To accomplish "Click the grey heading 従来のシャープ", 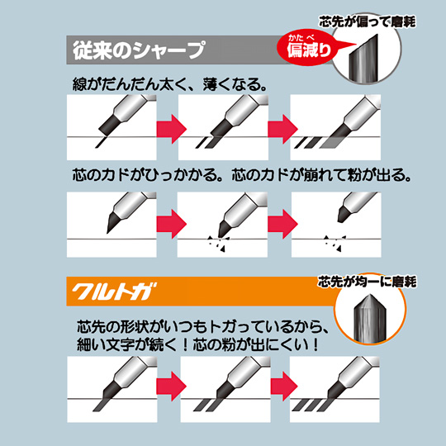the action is [x=139, y=50].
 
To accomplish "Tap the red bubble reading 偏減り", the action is [x=309, y=48].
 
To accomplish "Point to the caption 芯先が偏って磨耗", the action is [x=368, y=21].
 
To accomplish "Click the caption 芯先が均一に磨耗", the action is [x=368, y=282].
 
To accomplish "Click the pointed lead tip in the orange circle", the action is [x=369, y=317].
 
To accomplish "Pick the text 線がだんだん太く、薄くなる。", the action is [x=170, y=84].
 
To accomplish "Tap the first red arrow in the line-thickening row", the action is [x=172, y=129].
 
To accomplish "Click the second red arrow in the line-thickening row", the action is [x=282, y=129].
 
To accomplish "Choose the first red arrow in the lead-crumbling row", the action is [x=172, y=224].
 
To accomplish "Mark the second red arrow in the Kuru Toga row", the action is [x=284, y=387].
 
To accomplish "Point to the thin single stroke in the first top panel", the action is [x=101, y=142].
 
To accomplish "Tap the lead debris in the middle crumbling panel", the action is [x=218, y=244].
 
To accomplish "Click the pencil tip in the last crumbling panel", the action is [x=345, y=214].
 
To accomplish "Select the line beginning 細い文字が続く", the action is [x=197, y=344].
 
